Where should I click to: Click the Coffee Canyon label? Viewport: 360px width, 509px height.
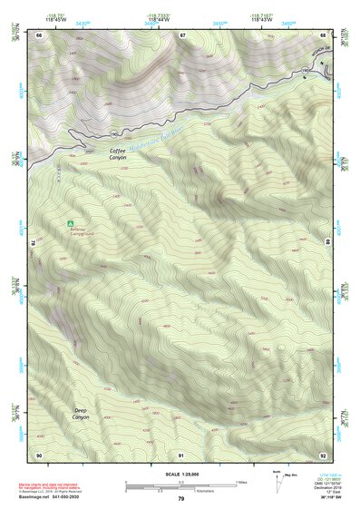pos(119,153)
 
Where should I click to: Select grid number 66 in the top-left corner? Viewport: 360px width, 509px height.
pos(39,35)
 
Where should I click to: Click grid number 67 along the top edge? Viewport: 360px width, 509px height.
pos(182,35)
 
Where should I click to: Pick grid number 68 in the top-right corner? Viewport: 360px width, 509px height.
pos(324,35)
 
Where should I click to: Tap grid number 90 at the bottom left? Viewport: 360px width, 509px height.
pos(39,455)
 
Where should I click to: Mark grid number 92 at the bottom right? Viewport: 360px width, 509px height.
pos(324,455)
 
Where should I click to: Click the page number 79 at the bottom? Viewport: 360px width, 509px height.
pos(181,499)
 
